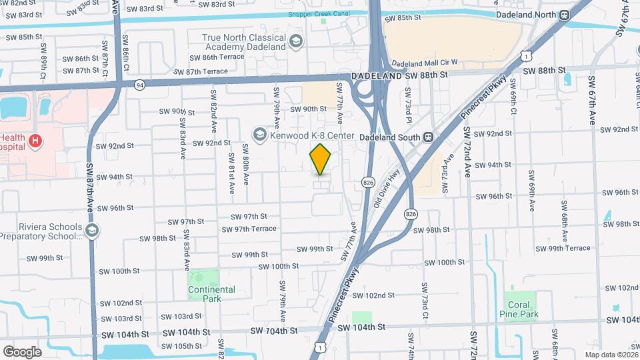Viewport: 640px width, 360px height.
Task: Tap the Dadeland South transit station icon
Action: [430, 137]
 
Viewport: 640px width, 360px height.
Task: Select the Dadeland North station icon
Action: [565, 15]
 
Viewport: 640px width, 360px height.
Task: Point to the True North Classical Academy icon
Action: [295, 43]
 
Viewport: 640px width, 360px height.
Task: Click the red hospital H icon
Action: [36, 141]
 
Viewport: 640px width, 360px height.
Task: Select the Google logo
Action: [22, 351]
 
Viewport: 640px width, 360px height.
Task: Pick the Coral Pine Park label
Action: [519, 309]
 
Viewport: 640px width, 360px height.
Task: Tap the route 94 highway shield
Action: [139, 85]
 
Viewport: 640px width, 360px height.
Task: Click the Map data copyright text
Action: [611, 355]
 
